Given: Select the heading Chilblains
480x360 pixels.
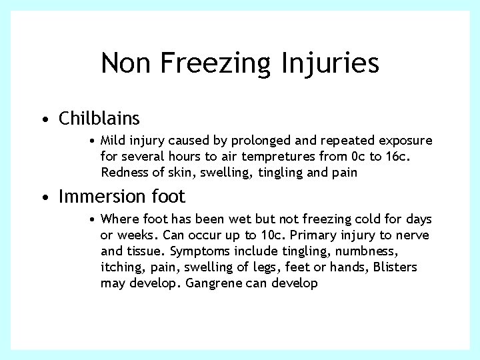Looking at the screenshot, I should coord(99,119).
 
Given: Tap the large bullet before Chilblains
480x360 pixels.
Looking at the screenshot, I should coord(43,120).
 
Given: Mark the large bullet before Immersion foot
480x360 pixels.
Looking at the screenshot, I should coord(43,198).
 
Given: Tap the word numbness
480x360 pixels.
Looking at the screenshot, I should coord(368,251).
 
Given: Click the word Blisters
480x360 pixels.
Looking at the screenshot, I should coord(395,267).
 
